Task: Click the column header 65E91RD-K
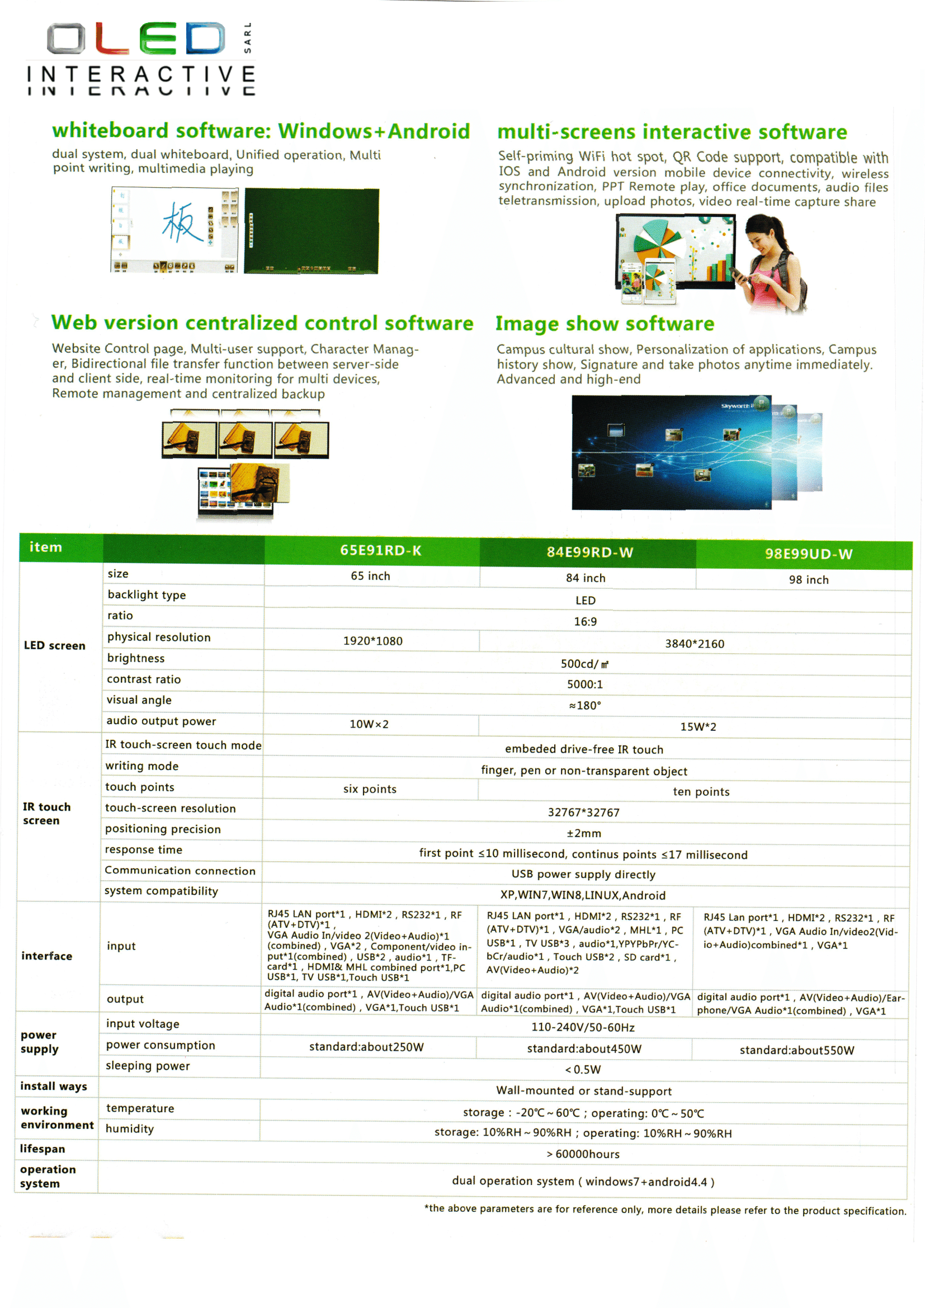pyautogui.click(x=380, y=550)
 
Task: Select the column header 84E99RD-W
pyautogui.click(x=589, y=552)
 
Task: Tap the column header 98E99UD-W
pyautogui.click(x=808, y=554)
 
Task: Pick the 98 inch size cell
pyautogui.click(x=808, y=579)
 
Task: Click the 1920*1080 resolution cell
pyautogui.click(x=372, y=641)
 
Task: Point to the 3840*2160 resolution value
pyautogui.click(x=695, y=644)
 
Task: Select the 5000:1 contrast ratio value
pyautogui.click(x=585, y=684)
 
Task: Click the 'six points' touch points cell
pyautogui.click(x=370, y=789)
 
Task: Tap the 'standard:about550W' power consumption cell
pyautogui.click(x=796, y=1050)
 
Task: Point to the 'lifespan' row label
pyautogui.click(x=43, y=1149)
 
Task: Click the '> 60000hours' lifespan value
pyautogui.click(x=583, y=1154)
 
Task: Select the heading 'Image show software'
pyautogui.click(x=605, y=324)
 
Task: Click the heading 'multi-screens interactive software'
pyautogui.click(x=672, y=131)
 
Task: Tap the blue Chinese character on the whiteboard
pyautogui.click(x=182, y=223)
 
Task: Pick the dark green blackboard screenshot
pyautogui.click(x=312, y=231)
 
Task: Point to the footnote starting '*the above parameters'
pyautogui.click(x=665, y=1210)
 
